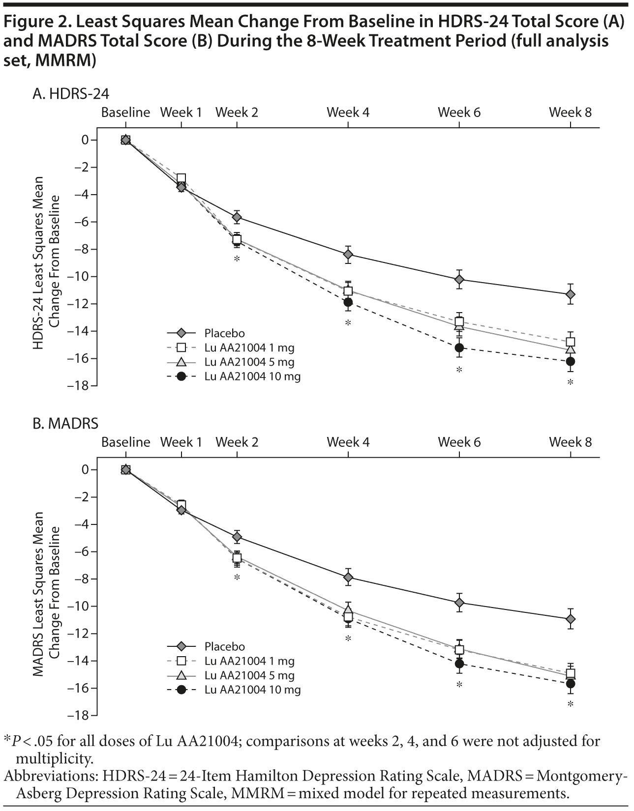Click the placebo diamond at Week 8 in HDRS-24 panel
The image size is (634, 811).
[x=571, y=294]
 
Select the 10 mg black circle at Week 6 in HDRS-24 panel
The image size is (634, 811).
[x=459, y=348]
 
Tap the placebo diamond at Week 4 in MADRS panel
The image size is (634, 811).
[x=348, y=577]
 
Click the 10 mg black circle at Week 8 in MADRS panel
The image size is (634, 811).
[x=571, y=684]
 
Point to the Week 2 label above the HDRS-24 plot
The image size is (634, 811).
[x=237, y=113]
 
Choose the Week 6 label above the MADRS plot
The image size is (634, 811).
[x=459, y=442]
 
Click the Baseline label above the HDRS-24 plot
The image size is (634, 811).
[x=125, y=113]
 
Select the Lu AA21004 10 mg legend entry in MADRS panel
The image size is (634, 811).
[x=252, y=690]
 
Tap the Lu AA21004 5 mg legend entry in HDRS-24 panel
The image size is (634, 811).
[x=249, y=362]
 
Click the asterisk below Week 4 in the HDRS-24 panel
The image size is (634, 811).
[x=348, y=323]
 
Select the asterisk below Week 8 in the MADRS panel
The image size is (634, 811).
[x=571, y=704]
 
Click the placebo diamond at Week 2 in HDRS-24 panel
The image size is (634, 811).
[x=237, y=217]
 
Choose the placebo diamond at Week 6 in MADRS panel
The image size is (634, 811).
[x=459, y=603]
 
